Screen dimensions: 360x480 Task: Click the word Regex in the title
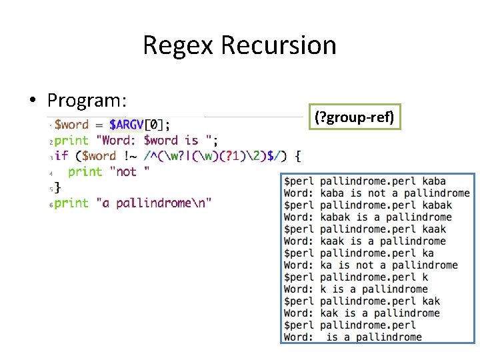(x=179, y=45)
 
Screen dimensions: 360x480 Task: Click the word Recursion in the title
(x=279, y=45)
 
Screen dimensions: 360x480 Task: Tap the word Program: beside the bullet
(x=87, y=101)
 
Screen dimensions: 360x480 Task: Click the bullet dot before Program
(x=32, y=101)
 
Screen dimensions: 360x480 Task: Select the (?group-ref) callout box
(x=354, y=119)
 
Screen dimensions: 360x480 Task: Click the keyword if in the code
(x=61, y=156)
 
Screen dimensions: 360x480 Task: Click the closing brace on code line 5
(x=57, y=187)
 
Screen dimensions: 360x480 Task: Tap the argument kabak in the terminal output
(x=437, y=205)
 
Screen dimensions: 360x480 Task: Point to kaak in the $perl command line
(x=434, y=229)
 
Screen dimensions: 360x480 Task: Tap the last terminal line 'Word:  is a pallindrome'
(x=353, y=337)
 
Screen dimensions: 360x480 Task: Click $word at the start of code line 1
(x=71, y=124)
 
